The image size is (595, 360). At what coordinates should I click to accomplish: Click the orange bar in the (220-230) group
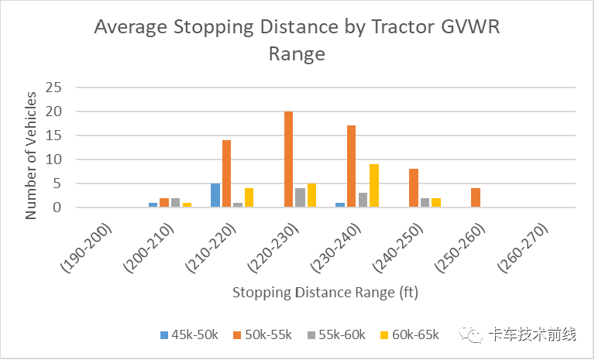(289, 159)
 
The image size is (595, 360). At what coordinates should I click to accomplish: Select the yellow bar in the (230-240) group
(374, 186)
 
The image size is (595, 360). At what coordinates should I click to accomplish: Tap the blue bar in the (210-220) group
(215, 195)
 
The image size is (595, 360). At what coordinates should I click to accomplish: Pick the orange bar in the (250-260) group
(476, 197)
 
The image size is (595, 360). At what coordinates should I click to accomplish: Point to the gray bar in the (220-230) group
(301, 197)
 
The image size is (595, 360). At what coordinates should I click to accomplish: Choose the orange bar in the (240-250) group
(414, 188)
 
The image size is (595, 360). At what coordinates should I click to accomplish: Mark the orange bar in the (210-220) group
(226, 173)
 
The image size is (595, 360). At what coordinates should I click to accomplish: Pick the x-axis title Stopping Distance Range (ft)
(325, 293)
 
